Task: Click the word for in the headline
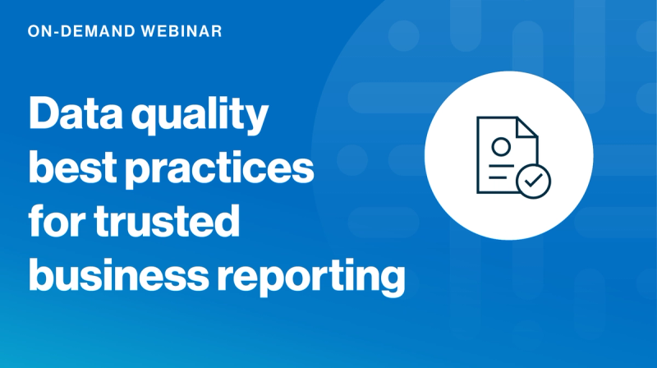57,222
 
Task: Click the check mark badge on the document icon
533,182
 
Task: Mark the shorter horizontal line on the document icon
495,178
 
